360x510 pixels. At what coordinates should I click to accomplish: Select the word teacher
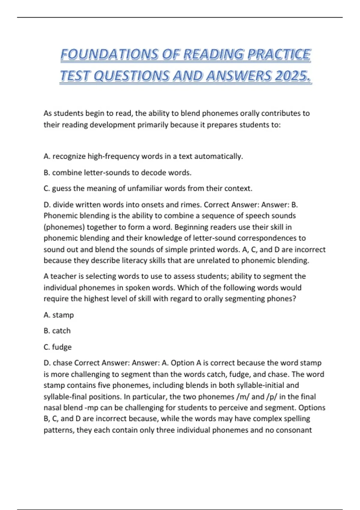pyautogui.click(x=63, y=276)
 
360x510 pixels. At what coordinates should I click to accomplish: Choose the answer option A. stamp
pyautogui.click(x=59, y=315)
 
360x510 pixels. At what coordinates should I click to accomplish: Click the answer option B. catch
pyautogui.click(x=57, y=331)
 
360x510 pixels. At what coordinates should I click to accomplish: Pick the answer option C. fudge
pyautogui.click(x=58, y=347)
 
